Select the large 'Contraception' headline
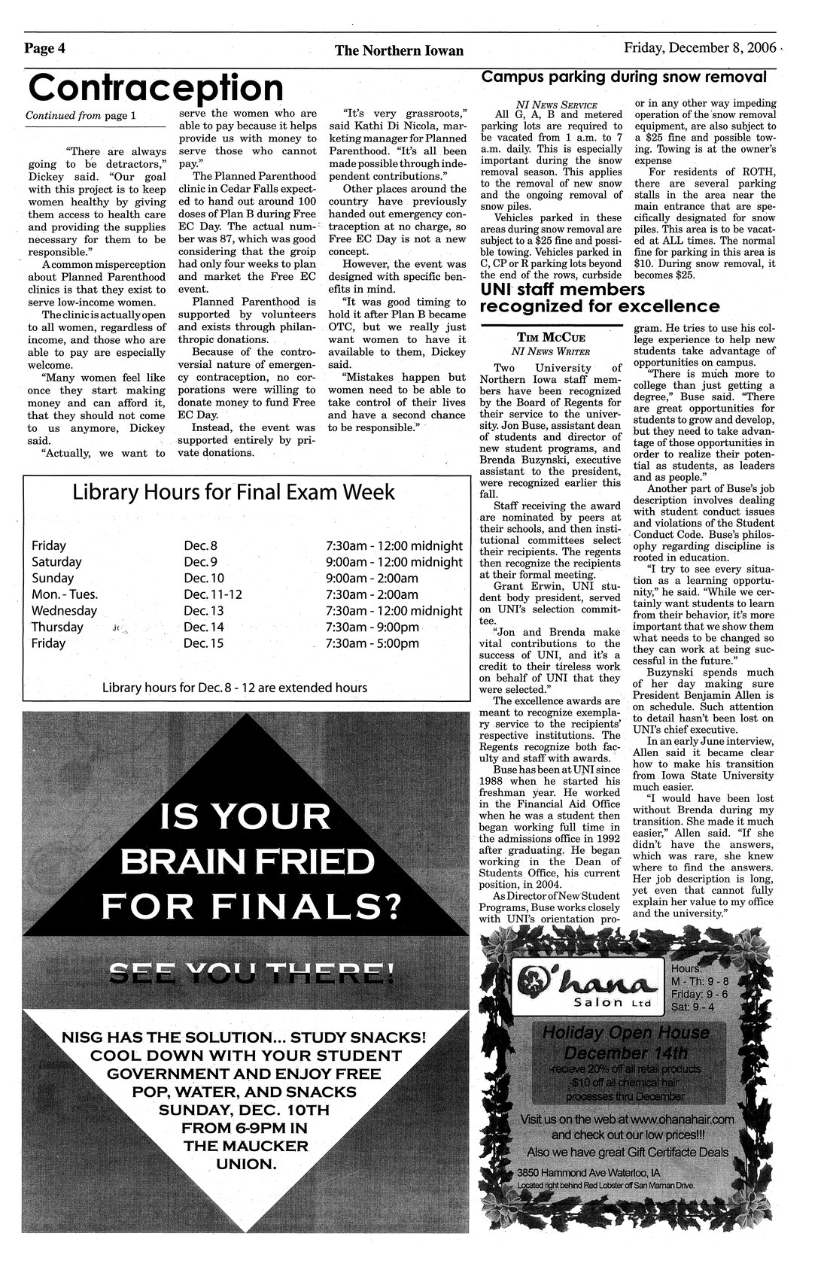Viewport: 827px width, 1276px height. point(155,88)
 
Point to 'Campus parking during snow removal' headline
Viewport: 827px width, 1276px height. point(624,77)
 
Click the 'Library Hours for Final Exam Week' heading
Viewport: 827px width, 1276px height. point(233,492)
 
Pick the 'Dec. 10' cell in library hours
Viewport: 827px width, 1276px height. point(204,578)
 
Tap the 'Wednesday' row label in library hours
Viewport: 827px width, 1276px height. point(64,610)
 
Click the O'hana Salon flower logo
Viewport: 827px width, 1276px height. point(533,980)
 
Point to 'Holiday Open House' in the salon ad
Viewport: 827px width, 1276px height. point(627,1033)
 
